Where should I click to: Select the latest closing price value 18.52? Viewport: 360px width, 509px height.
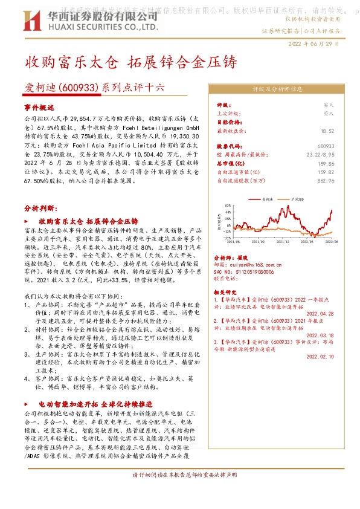coord(327,131)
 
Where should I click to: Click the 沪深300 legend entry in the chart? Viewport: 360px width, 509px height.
coord(300,198)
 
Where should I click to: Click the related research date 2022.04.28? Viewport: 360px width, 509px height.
coord(321,313)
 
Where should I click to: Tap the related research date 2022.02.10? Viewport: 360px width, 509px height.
coord(321,357)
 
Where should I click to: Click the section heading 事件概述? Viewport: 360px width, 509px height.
coord(39,106)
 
